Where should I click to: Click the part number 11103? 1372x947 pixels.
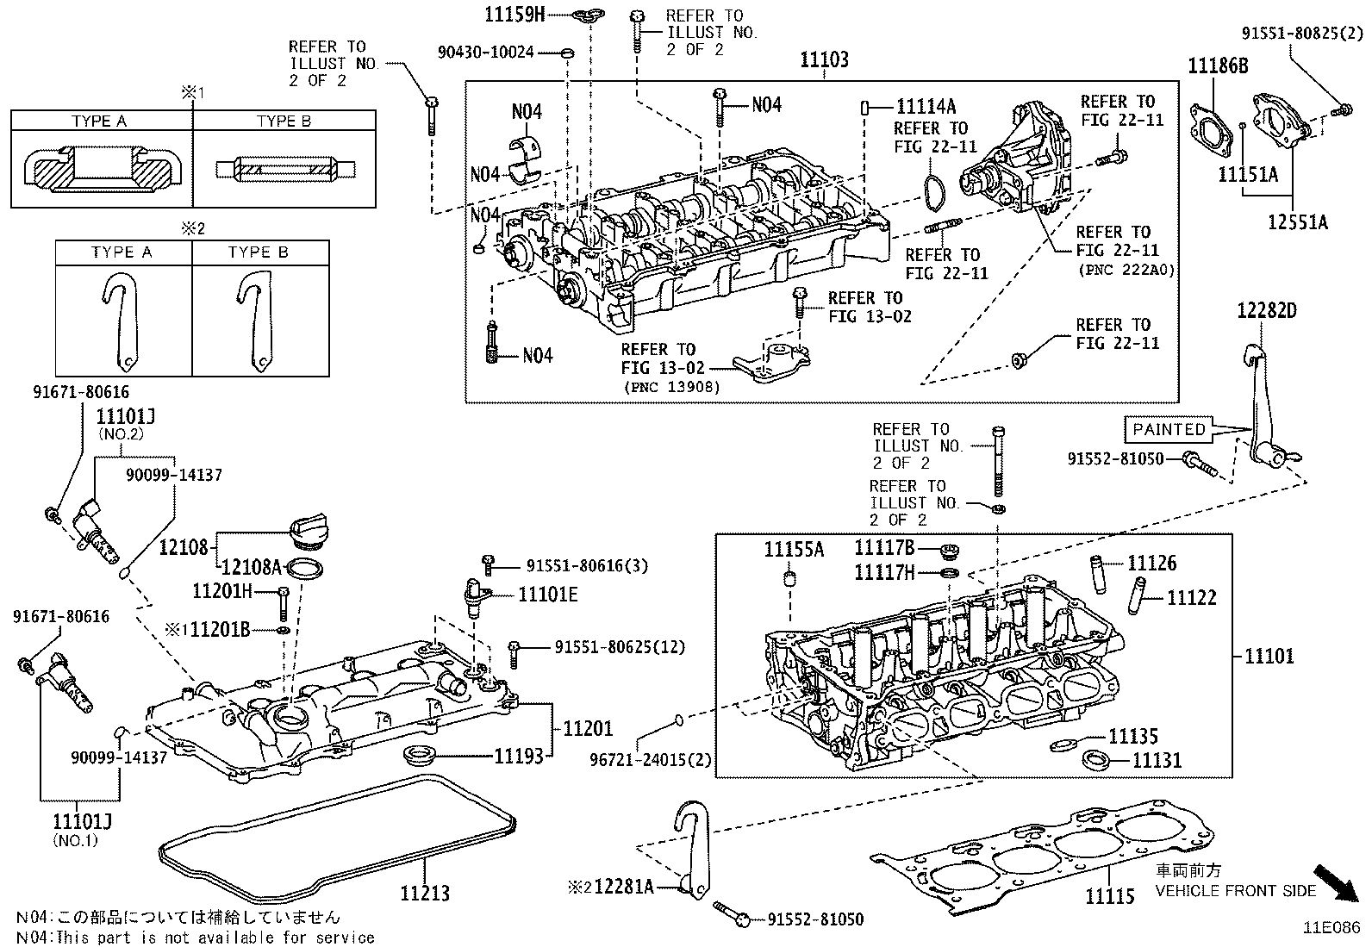(x=824, y=59)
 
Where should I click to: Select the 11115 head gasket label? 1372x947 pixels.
(x=1110, y=897)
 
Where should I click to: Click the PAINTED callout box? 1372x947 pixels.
(x=1168, y=429)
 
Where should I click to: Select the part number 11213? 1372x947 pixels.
(x=424, y=894)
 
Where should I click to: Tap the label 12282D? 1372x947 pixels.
(x=1267, y=311)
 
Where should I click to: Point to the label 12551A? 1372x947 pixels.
(x=1297, y=222)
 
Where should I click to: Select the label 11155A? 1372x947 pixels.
(x=794, y=550)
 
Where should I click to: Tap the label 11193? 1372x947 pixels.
(x=518, y=756)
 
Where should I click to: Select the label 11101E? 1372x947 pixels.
(x=547, y=595)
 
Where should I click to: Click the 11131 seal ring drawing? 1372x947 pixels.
(x=1095, y=761)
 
